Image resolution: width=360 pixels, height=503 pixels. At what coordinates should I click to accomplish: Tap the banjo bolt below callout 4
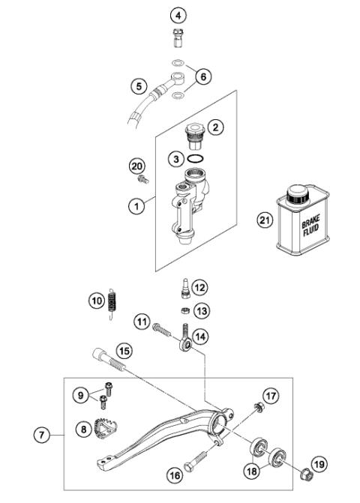coord(178,37)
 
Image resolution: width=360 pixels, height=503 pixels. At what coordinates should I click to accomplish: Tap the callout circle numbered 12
coord(199,287)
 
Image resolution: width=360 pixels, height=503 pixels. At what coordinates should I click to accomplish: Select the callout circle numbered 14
coord(199,337)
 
